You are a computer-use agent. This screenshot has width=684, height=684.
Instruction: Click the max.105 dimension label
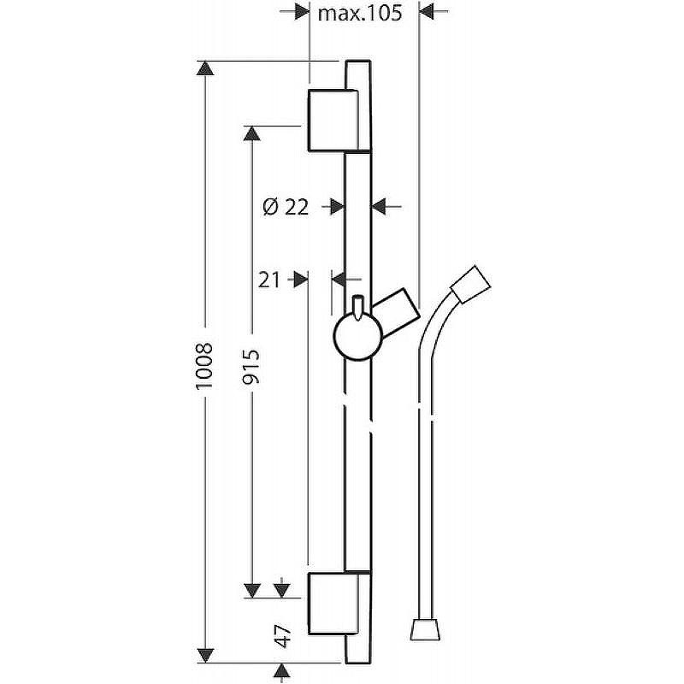(359, 13)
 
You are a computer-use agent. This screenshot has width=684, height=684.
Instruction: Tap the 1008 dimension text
(204, 366)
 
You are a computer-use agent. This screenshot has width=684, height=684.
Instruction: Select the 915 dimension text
(251, 367)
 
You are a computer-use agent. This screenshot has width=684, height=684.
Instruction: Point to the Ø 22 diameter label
(286, 207)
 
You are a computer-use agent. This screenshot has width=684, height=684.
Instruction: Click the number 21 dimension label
(268, 280)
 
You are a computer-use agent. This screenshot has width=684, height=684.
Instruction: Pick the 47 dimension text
(283, 636)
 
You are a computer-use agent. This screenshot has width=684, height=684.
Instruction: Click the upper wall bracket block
(333, 121)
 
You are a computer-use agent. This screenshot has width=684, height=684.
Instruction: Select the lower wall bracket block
(333, 604)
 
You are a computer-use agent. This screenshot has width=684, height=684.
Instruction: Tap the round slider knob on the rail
(357, 336)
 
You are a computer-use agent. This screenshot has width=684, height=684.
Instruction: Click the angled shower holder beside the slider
(396, 313)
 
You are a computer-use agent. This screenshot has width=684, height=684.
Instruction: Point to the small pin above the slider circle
(357, 308)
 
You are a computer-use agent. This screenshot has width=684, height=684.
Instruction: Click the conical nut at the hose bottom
(425, 628)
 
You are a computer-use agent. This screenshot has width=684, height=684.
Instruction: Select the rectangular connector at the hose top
(471, 284)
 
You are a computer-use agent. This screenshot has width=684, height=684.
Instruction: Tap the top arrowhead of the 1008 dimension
(205, 68)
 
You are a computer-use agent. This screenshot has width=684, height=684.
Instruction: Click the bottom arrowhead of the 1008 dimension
(205, 655)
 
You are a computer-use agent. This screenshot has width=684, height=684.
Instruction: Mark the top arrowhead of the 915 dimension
(251, 133)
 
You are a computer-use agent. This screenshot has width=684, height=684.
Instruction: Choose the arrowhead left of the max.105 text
(302, 11)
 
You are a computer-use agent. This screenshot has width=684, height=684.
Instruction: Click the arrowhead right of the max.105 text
(426, 11)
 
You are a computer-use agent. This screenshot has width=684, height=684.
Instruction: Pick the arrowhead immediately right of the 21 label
(301, 280)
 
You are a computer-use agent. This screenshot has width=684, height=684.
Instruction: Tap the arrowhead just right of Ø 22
(379, 206)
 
